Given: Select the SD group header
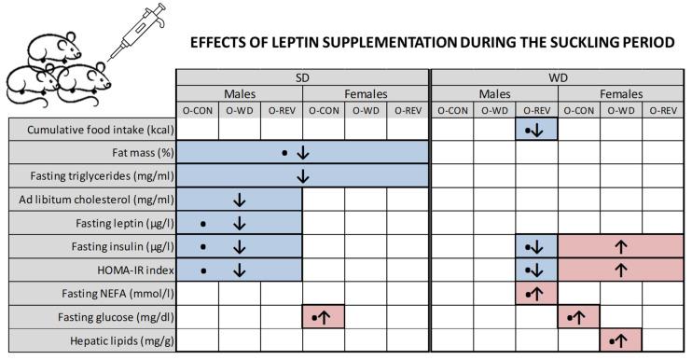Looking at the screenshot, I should tap(302, 78).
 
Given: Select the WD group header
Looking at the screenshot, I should tap(557, 78).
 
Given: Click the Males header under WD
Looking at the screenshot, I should tap(494, 94).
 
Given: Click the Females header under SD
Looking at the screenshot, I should tap(366, 94).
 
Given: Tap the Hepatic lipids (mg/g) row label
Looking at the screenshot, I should tap(118, 340).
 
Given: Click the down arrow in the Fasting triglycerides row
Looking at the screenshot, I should tap(302, 175).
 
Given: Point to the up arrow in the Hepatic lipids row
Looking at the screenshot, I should tap(624, 340).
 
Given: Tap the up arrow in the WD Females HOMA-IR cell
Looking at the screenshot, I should tap(620, 270).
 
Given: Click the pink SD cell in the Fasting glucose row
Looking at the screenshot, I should tap(324, 317).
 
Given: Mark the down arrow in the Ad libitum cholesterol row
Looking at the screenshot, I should tap(240, 200).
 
